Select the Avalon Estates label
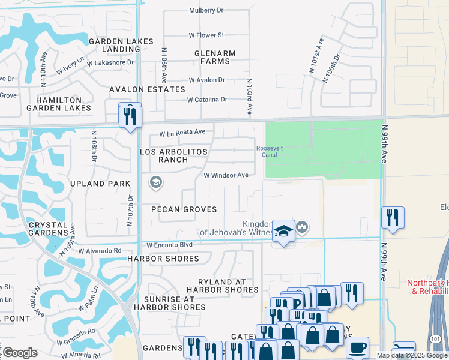[147, 89]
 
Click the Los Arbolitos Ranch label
[173, 156]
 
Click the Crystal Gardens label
[47, 228]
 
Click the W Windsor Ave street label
[226, 176]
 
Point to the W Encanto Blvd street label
[169, 245]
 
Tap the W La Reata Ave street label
[182, 132]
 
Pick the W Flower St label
[206, 35]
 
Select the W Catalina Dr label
[207, 100]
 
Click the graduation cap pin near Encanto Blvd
[283, 232]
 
